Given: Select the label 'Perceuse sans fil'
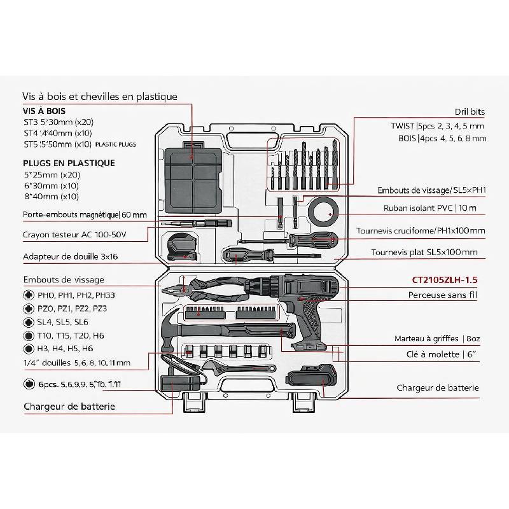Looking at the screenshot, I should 443,295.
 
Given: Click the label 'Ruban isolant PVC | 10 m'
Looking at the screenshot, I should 429,208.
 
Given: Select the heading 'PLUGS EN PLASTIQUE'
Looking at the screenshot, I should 69,163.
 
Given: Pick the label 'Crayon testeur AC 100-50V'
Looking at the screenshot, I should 75,235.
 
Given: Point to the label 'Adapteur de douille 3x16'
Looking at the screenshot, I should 71,257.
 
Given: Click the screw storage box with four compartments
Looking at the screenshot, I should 193,172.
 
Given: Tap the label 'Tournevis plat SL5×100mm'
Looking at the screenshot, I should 424,253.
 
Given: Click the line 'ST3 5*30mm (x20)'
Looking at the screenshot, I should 58,122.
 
